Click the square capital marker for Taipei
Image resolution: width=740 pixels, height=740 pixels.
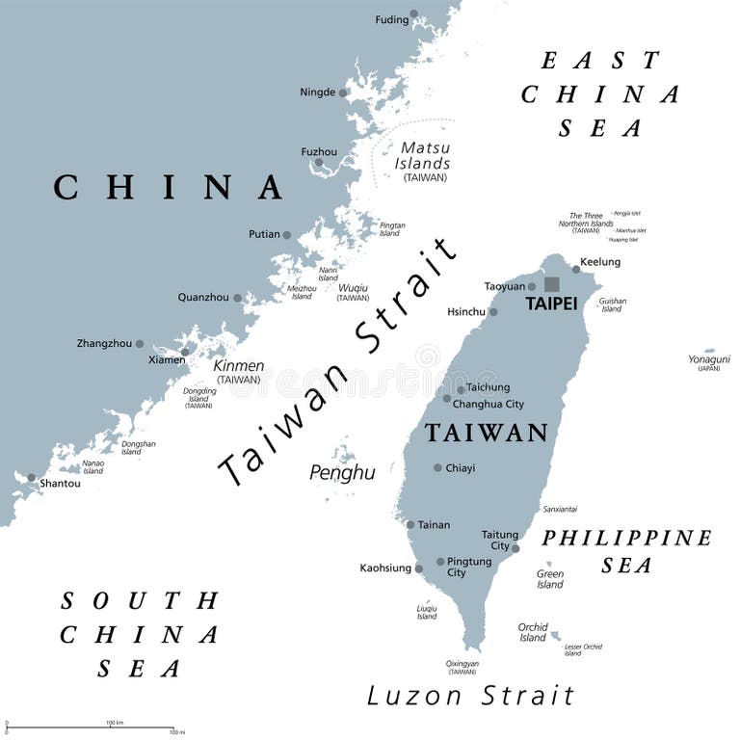pos(552,284)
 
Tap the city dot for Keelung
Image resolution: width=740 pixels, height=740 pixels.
pos(576,269)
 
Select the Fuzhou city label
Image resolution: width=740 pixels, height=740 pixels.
pos(319,151)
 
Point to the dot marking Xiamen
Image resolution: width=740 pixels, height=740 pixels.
pos(185,352)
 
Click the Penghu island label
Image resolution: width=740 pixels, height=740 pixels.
pos(342,472)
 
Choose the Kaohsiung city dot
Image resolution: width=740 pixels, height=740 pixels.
pos(419,568)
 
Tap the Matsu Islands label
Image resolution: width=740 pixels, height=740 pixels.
pos(425,156)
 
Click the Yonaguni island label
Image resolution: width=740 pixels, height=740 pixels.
pos(709,359)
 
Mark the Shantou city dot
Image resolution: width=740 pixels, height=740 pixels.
pos(32,477)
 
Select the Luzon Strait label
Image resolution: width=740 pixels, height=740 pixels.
pos(470,696)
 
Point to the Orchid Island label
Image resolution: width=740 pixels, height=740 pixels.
pos(533,632)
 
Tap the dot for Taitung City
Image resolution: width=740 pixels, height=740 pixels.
pos(515,548)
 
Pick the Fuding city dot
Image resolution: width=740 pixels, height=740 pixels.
pos(413,14)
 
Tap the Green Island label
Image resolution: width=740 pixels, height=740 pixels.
pos(550,579)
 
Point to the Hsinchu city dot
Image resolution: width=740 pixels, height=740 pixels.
pos(493,312)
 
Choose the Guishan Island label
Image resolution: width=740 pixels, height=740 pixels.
pos(612,304)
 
